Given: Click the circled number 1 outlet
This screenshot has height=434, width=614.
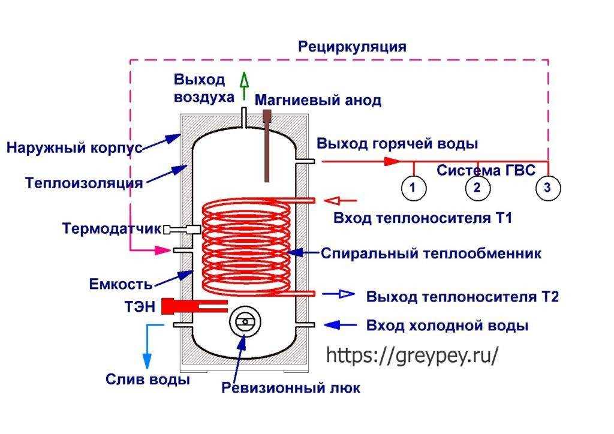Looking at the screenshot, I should tap(413, 188).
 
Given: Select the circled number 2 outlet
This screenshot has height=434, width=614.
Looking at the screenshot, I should tap(477, 188).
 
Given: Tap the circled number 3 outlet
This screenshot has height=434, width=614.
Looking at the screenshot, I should tap(547, 188).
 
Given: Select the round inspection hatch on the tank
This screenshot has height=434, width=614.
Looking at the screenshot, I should tap(244, 322).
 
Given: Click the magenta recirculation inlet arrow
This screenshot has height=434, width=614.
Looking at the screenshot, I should tap(157, 250).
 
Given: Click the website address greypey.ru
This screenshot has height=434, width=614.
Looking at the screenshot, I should tap(412, 355).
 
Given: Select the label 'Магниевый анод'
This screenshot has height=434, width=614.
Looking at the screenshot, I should tap(318, 100).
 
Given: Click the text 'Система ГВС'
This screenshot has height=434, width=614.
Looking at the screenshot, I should tap(486, 170).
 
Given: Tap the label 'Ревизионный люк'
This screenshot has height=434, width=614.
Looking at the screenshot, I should tap(291, 388).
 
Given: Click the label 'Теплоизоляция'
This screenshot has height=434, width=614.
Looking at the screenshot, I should tap(84, 183).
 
